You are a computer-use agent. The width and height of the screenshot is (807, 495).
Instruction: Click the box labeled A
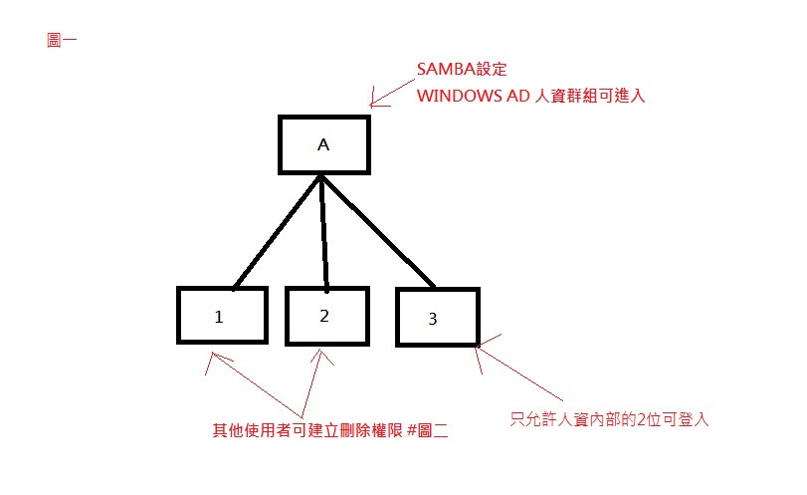pyautogui.click(x=323, y=144)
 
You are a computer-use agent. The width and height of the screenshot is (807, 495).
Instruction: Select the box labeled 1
pyautogui.click(x=222, y=315)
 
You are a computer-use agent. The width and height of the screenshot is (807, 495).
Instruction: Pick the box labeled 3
pyautogui.click(x=437, y=318)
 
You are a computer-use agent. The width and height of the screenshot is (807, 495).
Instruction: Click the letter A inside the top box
pyautogui.click(x=323, y=144)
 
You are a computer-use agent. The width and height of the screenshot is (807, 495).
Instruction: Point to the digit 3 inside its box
pyautogui.click(x=432, y=319)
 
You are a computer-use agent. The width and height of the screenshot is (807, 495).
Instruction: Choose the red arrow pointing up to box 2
pyautogui.click(x=311, y=383)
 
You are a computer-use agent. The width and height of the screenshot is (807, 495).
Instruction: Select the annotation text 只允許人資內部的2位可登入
pyautogui.click(x=609, y=419)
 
